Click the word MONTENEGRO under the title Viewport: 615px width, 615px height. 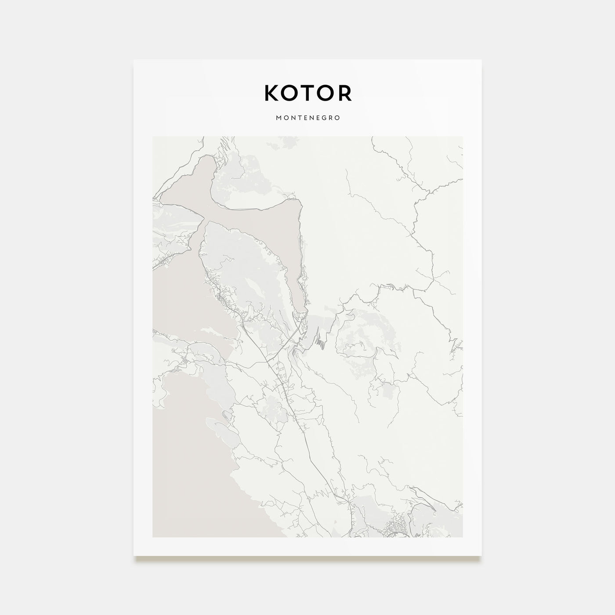pos(307,118)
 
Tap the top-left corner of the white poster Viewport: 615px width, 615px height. pos(134,60)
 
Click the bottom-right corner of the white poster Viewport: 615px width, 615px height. pos(481,555)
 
